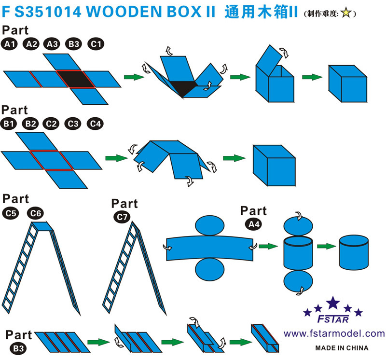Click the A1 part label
[x=10, y=44]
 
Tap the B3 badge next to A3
[x=74, y=44]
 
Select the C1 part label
[x=96, y=44]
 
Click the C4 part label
[x=95, y=124]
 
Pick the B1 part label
[x=9, y=124]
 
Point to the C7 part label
[x=123, y=217]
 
